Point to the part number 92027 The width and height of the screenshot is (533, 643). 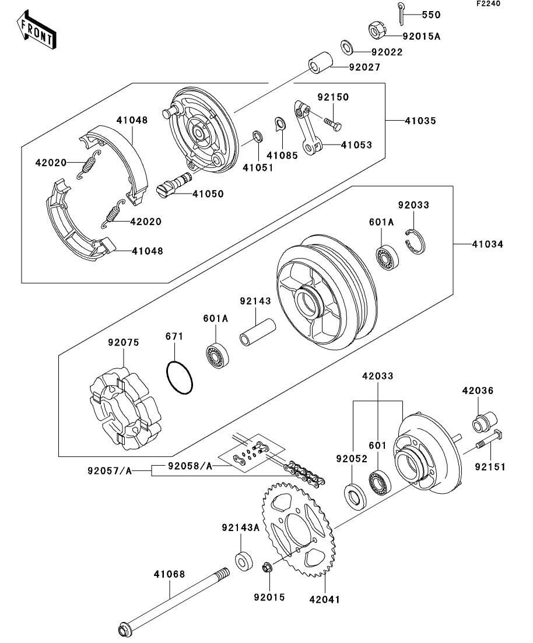[364, 68]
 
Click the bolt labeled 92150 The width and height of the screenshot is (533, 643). [331, 123]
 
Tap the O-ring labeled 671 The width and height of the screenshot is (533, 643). [179, 378]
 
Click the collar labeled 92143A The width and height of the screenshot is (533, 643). [244, 560]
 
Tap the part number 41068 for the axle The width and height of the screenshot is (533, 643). [169, 574]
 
